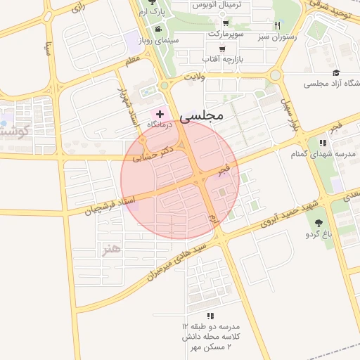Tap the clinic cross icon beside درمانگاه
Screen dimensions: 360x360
point(160,113)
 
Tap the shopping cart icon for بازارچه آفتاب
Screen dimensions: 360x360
point(222,49)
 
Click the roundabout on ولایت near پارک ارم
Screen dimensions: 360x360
point(164,85)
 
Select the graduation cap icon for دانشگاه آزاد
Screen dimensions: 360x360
point(336,73)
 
